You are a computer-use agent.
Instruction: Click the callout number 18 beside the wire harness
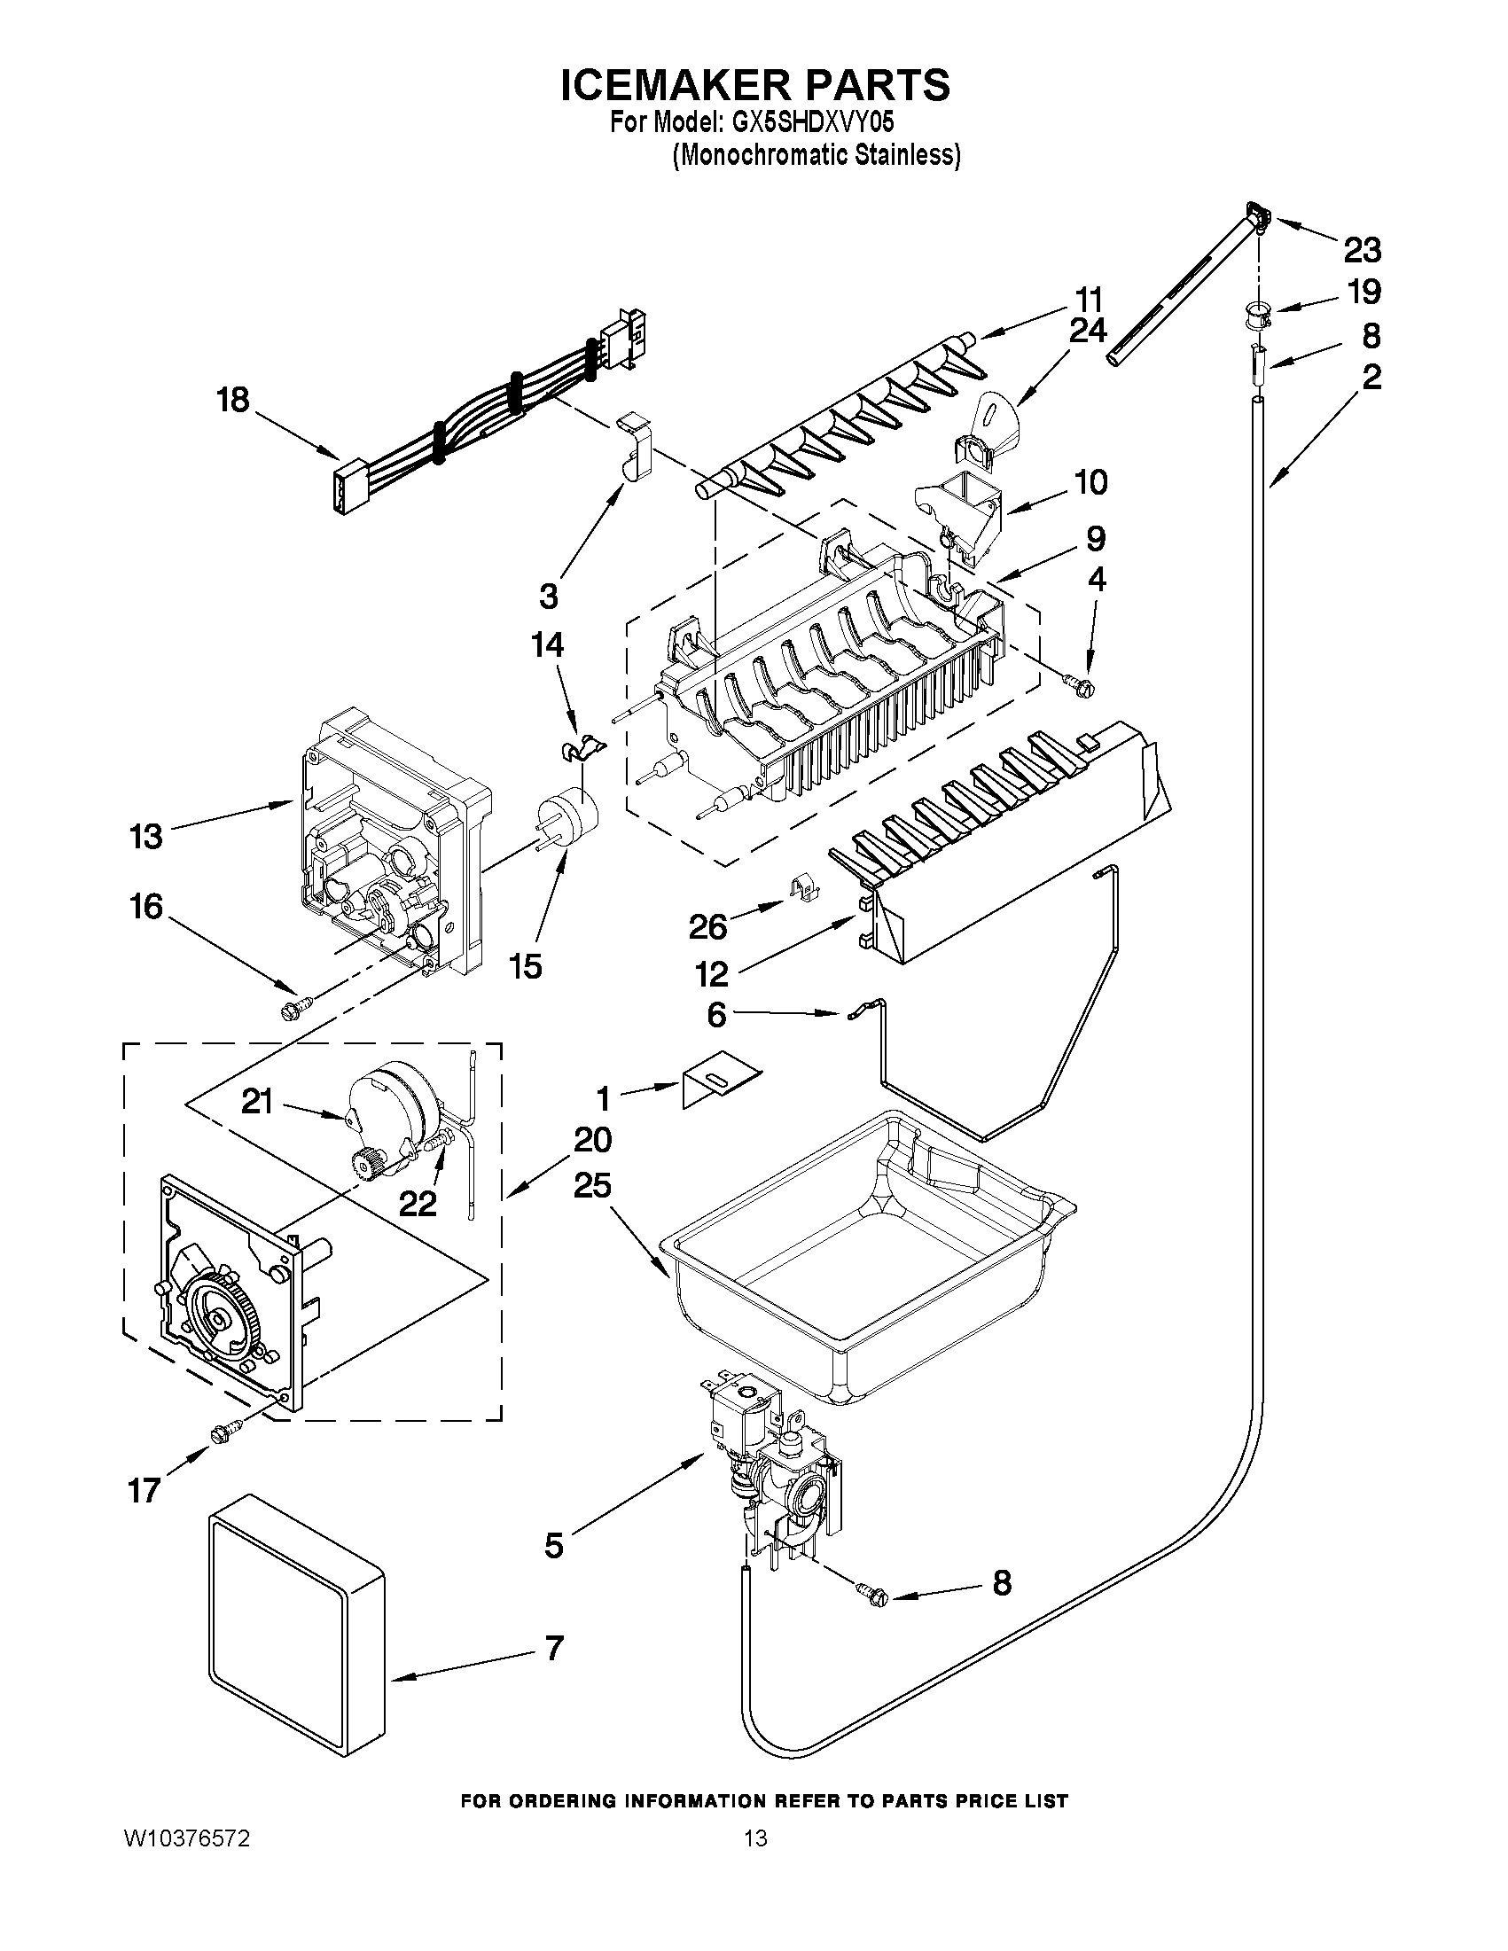coord(233,399)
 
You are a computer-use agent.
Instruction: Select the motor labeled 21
coord(391,1108)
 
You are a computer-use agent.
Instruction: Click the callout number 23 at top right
coord(1363,251)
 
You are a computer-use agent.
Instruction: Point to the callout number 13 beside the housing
coord(146,837)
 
